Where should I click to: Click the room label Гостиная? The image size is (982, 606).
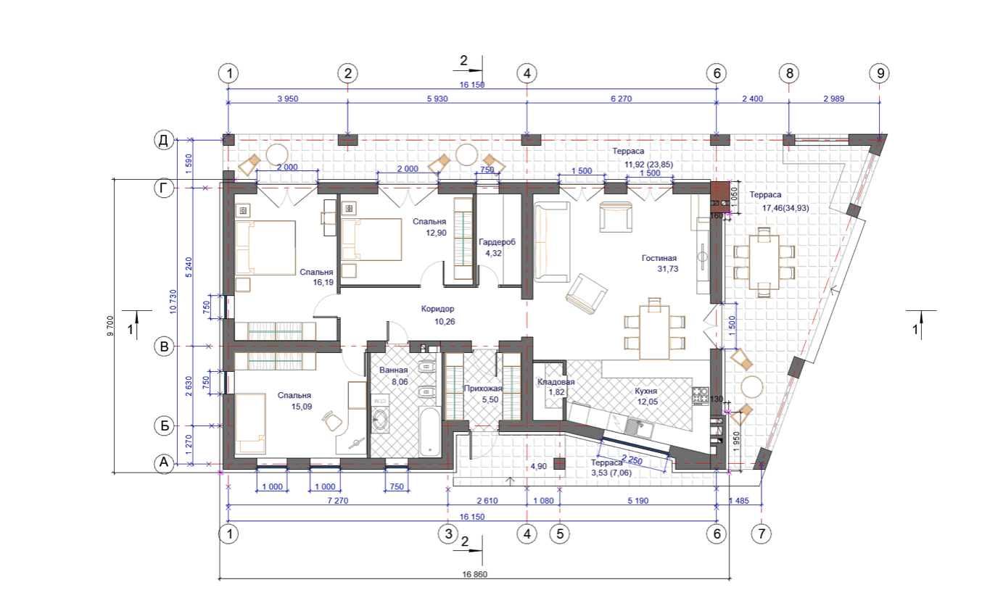point(659,258)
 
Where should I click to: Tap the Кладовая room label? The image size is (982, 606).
point(556,382)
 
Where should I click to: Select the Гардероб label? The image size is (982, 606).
point(497,242)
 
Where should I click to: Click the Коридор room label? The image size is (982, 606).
point(437,309)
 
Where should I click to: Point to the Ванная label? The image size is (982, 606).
point(393,370)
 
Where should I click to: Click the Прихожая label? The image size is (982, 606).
point(483,389)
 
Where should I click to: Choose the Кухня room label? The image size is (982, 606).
point(645,391)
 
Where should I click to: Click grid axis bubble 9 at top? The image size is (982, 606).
point(880,73)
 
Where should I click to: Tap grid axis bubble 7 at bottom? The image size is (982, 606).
point(761,534)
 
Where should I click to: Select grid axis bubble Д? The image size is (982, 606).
point(163,140)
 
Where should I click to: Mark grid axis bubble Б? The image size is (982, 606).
point(164,426)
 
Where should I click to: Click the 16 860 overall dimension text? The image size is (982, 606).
point(474,574)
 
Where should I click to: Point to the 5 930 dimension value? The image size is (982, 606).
point(437,99)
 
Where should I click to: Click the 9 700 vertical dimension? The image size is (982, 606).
point(110,326)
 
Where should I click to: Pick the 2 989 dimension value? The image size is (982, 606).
point(833,99)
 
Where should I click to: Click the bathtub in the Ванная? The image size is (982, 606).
point(429,431)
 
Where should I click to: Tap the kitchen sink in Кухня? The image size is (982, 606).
point(638,427)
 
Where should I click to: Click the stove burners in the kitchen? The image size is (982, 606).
point(700,396)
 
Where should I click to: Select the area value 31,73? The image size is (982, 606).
point(668,269)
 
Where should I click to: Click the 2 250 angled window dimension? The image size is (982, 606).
point(632,460)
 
